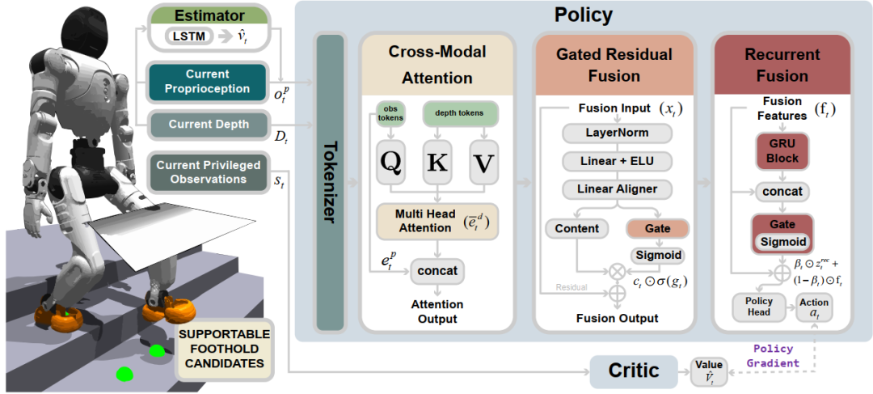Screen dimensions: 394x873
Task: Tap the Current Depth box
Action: point(207,125)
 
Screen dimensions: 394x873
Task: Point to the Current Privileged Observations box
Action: point(208,172)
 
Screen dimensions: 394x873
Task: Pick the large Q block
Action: point(391,163)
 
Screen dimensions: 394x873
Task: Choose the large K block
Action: point(436,163)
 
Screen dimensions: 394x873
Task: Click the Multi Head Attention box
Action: point(436,221)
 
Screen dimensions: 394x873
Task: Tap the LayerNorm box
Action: point(617,133)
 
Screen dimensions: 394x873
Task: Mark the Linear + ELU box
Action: point(617,160)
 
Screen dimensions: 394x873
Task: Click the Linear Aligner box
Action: point(617,189)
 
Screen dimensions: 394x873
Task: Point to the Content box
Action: point(576,228)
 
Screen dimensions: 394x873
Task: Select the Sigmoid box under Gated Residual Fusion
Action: point(657,256)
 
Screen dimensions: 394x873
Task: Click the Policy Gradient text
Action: point(773,356)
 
